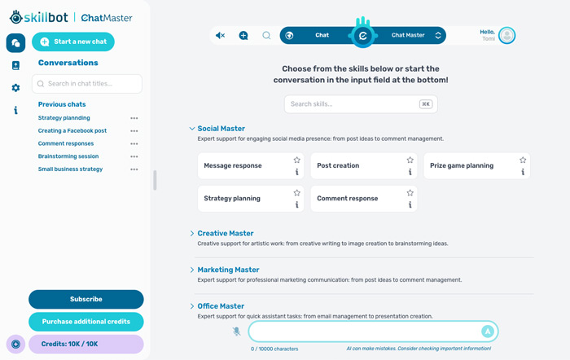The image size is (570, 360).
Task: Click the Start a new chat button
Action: (73, 42)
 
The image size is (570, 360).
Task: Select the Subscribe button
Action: (86, 299)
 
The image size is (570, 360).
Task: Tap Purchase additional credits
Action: (86, 322)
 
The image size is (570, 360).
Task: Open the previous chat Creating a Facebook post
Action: (72, 131)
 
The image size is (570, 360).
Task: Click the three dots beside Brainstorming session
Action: (134, 156)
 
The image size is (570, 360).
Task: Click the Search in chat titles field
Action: (87, 84)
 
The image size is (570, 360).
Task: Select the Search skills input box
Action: (361, 104)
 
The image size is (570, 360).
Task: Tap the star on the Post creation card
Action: (410, 160)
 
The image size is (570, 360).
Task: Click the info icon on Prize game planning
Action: (523, 172)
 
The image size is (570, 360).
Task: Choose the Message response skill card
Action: (251, 166)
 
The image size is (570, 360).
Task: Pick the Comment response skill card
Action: (364, 199)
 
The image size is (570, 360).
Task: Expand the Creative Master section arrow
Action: (192, 234)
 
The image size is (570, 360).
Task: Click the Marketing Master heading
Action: (228, 270)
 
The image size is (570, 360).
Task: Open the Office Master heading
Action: (221, 306)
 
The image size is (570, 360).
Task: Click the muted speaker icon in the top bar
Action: (220, 35)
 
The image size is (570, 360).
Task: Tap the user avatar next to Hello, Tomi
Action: (506, 36)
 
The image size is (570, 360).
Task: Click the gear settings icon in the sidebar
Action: (15, 88)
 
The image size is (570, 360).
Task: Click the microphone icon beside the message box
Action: (236, 331)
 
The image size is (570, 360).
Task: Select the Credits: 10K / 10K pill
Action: (86, 344)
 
